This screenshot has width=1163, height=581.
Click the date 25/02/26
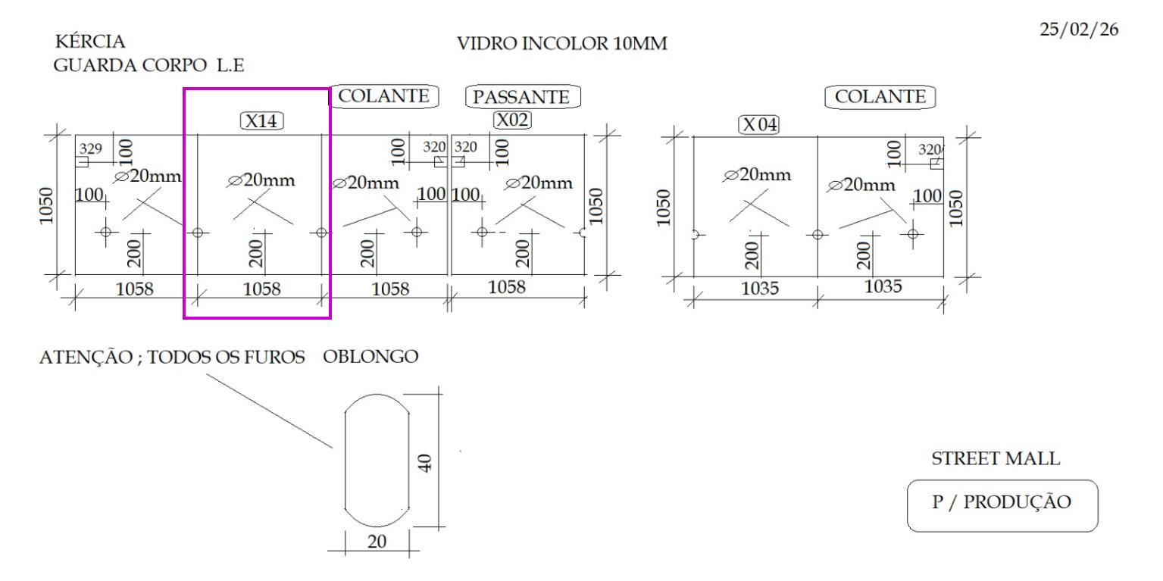coord(1079,30)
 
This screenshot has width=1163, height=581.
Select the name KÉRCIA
coord(90,41)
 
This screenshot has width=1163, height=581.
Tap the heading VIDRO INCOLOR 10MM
coord(561,44)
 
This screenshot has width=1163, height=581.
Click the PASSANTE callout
coord(522,96)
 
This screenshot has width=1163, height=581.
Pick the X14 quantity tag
coord(261,121)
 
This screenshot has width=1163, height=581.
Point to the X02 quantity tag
coord(512,120)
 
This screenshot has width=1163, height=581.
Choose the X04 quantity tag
coord(759,125)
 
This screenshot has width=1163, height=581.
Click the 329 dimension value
coord(90,149)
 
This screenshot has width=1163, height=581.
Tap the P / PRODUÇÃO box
coord(1002,505)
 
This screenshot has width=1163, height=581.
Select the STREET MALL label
coord(996,458)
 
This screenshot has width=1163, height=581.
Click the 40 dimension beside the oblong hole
coord(425,463)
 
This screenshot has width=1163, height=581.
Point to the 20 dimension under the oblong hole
coord(377,542)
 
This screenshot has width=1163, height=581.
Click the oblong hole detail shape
coord(345,460)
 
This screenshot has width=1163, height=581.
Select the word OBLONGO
coord(370,357)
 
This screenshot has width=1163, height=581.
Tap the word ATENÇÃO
coord(86,358)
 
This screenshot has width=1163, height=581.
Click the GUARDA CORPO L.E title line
coord(149,65)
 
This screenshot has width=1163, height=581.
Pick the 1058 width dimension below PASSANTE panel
coord(507,286)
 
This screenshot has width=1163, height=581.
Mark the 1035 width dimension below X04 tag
coord(760,288)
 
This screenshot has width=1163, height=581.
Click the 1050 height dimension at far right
coord(956,208)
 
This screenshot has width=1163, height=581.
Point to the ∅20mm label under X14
coord(261,180)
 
